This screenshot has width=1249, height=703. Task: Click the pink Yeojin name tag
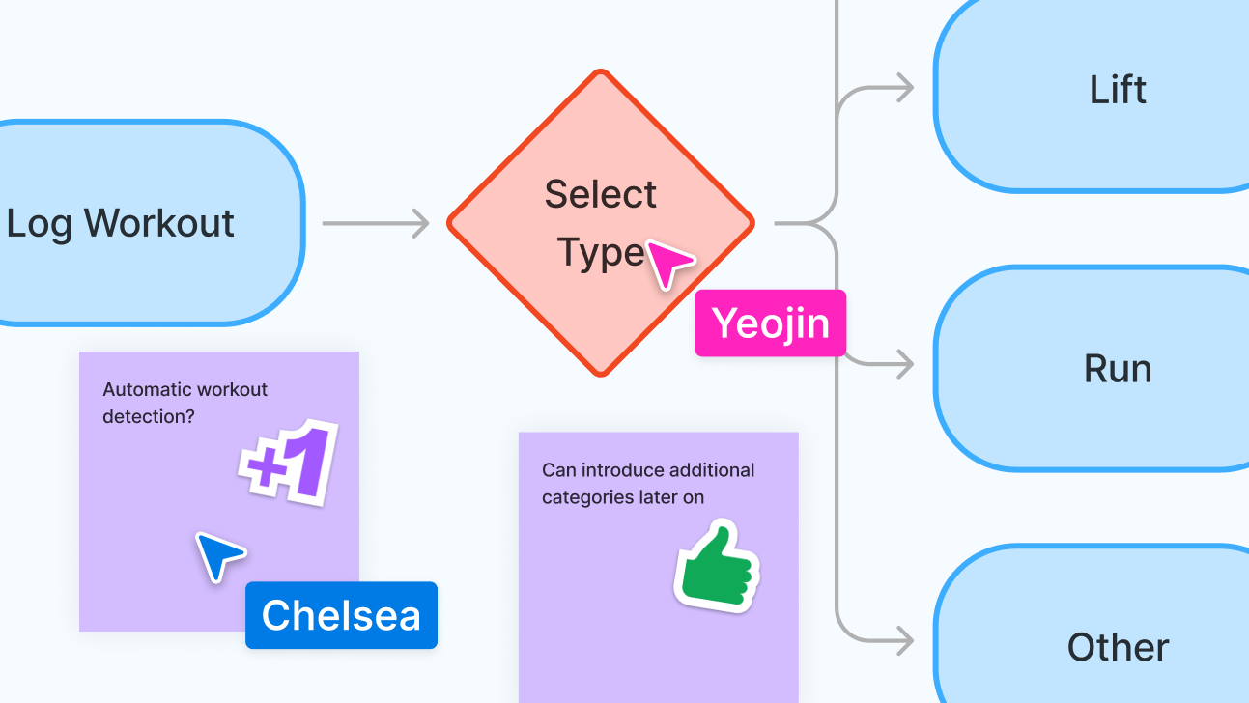point(770,323)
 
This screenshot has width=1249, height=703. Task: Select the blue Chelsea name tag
point(341,615)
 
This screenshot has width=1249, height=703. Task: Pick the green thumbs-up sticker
point(718,566)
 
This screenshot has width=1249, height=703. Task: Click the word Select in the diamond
point(601,194)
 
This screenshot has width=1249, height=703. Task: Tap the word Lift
point(1118,89)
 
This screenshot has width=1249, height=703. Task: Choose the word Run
point(1118,369)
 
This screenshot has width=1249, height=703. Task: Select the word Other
point(1118,647)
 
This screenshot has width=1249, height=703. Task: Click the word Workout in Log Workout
point(159,223)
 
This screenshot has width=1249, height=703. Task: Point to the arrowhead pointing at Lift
point(905,88)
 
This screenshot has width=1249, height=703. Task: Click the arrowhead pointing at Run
point(905,364)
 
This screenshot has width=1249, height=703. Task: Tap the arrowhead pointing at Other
point(905,640)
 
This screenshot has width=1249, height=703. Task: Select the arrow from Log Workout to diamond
point(376,224)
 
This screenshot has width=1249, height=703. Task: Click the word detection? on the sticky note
point(149,416)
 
